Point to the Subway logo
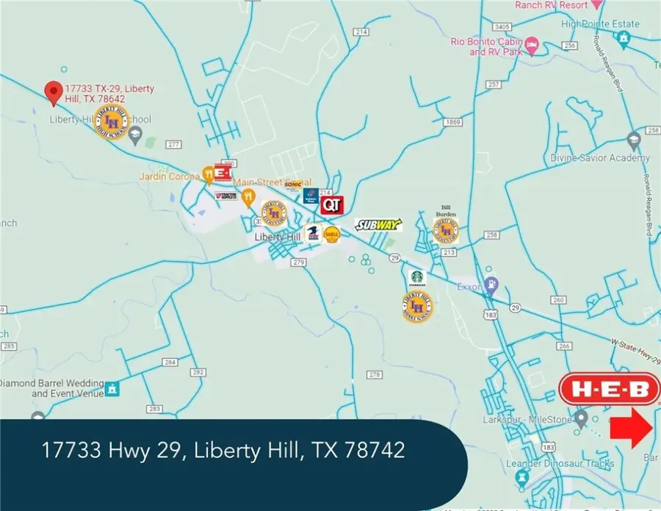[x=379, y=224]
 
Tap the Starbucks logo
[x=417, y=279]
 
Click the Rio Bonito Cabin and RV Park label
[x=488, y=47]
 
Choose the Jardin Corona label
[x=170, y=176]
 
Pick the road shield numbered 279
[x=297, y=262]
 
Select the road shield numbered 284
[x=170, y=362]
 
